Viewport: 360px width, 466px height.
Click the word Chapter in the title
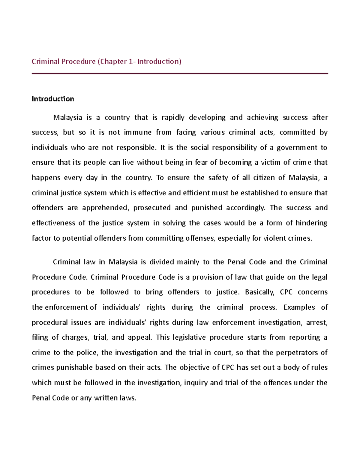[x=113, y=62]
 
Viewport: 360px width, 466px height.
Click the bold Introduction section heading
[x=53, y=99]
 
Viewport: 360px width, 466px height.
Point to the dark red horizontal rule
[x=180, y=74]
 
